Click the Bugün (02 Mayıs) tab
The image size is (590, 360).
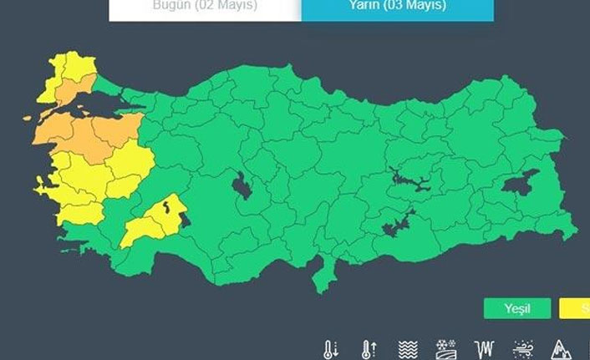tap(204, 7)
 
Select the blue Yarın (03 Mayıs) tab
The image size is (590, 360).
tap(397, 7)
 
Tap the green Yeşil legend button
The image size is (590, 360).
tap(517, 308)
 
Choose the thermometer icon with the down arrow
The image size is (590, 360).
tap(332, 348)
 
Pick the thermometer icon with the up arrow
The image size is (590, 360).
tap(369, 348)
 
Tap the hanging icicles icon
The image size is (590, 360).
tap(483, 348)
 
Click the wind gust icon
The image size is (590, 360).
tap(522, 348)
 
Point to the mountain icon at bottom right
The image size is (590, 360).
tap(560, 348)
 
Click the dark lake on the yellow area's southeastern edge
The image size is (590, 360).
tap(185, 221)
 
